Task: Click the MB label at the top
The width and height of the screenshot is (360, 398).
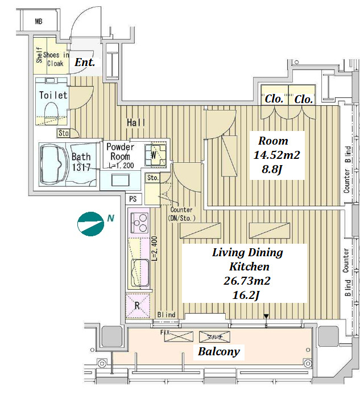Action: coord(39,22)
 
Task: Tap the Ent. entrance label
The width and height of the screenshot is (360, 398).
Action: coord(85,63)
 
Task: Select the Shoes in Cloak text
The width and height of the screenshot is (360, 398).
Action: coord(55,59)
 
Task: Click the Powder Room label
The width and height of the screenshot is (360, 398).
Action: coord(121,151)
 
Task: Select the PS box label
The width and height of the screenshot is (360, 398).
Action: coord(133,199)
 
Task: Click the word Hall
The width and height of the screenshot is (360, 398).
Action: coord(136,122)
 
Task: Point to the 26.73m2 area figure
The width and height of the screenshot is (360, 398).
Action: coord(247,281)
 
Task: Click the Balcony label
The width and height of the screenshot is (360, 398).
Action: coord(218,352)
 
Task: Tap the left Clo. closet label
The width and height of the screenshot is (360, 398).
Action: coord(274,99)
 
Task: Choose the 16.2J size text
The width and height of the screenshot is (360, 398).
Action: coord(247,295)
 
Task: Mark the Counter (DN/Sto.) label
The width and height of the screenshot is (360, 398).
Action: coord(182,214)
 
